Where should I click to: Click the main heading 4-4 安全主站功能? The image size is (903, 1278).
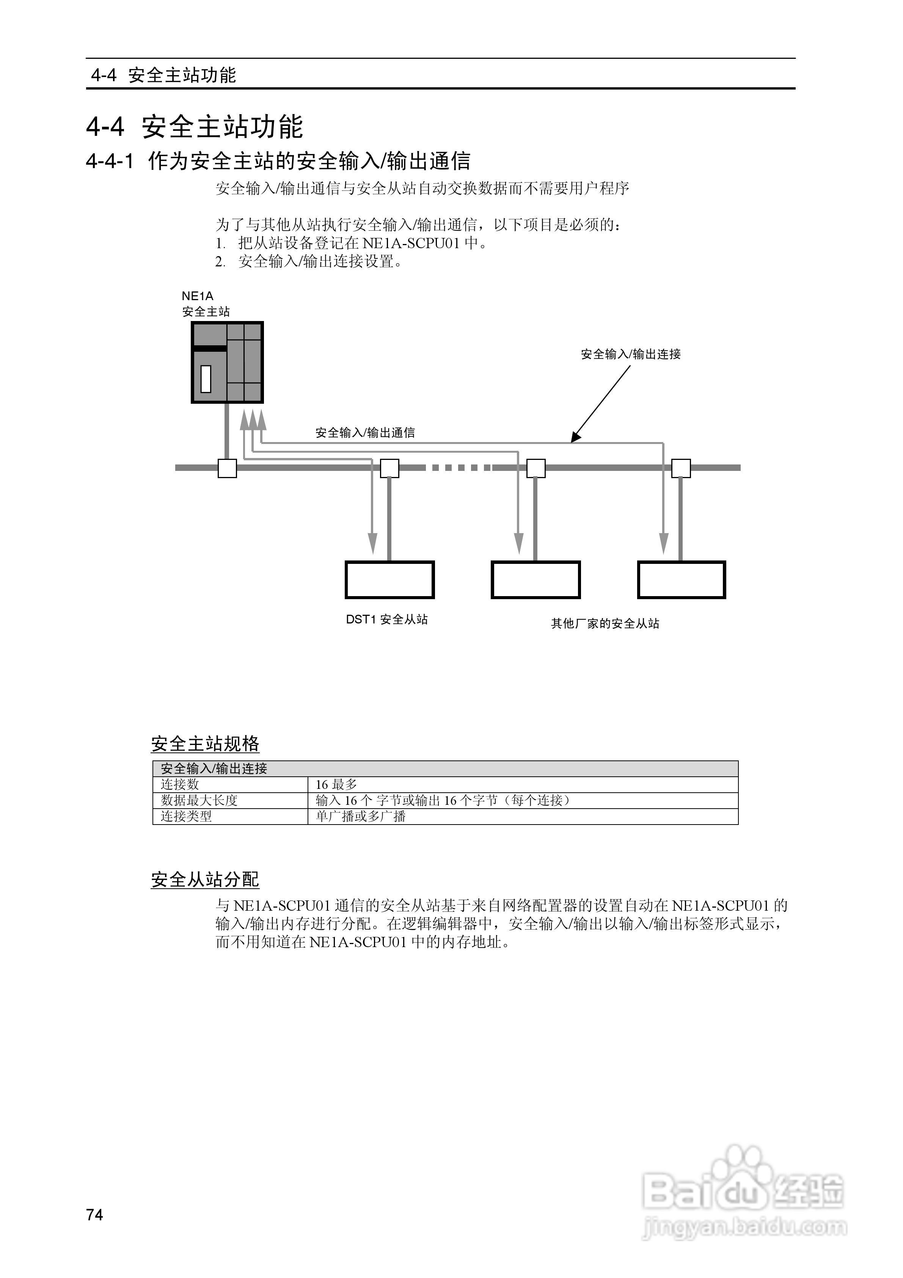194,126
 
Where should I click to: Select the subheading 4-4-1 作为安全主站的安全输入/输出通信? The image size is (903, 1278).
278,161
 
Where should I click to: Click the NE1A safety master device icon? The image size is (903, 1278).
227,362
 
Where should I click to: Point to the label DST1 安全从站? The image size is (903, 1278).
387,620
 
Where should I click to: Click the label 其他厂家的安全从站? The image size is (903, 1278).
605,623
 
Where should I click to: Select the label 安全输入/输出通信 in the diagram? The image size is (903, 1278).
365,433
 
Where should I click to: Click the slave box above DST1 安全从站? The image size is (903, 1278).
389,579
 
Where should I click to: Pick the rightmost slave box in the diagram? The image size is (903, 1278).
681,579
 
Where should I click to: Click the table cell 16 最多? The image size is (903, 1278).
337,784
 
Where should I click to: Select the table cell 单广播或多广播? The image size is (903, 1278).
361,816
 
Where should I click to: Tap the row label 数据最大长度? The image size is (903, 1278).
199,800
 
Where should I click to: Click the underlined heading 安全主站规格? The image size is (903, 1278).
205,744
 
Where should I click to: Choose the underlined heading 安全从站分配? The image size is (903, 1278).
205,880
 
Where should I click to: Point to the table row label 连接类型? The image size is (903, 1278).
186,816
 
